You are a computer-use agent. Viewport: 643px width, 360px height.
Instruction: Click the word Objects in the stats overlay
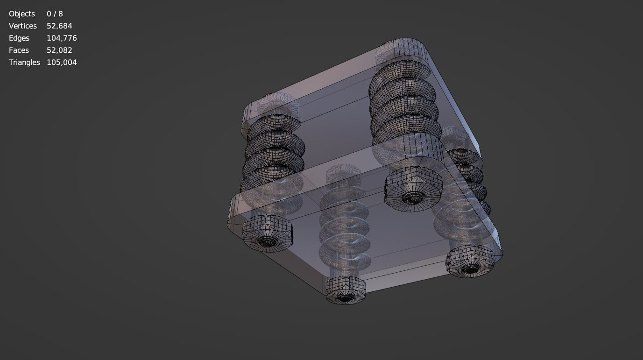coord(22,14)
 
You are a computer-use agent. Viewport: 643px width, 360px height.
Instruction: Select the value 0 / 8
coord(55,14)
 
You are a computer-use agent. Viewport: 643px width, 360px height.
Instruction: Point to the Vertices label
coord(22,26)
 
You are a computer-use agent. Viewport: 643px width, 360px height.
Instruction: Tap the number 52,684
coord(59,26)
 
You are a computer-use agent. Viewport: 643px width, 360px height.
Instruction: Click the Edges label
coord(19,38)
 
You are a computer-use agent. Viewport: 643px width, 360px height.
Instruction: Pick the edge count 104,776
coord(62,38)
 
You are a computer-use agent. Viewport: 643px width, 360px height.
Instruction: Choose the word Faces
coord(19,50)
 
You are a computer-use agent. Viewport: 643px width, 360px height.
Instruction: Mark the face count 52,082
coord(59,50)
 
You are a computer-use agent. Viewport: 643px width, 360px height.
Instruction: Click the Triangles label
coord(24,63)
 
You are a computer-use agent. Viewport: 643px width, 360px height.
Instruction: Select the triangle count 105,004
coord(62,63)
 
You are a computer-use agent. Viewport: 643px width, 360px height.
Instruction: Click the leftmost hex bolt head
coord(268,233)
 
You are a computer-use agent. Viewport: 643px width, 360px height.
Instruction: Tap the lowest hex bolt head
coord(345,290)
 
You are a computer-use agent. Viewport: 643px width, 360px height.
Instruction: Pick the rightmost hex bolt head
coord(470,261)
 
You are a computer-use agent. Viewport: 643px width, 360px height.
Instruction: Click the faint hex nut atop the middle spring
coord(343,174)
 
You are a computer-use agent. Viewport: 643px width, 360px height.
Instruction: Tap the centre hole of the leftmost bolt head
coord(268,241)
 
